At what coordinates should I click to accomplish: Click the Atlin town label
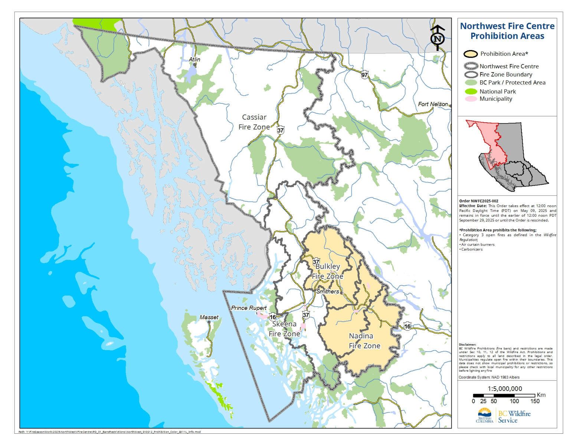(194, 59)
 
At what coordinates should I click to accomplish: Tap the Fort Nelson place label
(433, 104)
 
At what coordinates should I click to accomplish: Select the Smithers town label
(327, 291)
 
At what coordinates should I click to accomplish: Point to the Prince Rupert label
(249, 308)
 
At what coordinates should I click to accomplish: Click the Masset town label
(209, 317)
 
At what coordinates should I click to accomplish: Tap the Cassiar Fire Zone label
(254, 122)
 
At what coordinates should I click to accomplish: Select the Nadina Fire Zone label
(364, 341)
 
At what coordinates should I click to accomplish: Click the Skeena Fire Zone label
(284, 329)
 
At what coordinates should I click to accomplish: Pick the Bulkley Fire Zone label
(327, 271)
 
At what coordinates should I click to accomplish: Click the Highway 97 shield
(365, 75)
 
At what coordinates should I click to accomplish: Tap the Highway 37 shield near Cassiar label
(281, 130)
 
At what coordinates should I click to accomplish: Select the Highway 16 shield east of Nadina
(407, 326)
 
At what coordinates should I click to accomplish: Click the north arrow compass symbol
(438, 38)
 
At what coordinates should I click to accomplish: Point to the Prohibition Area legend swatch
(470, 54)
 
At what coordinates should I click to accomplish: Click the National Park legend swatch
(471, 91)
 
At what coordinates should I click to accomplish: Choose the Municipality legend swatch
(471, 99)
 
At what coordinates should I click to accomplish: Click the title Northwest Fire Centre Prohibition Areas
(507, 31)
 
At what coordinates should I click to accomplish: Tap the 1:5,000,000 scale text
(505, 388)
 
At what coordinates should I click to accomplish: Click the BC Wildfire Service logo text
(514, 417)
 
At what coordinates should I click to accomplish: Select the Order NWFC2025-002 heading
(479, 201)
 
